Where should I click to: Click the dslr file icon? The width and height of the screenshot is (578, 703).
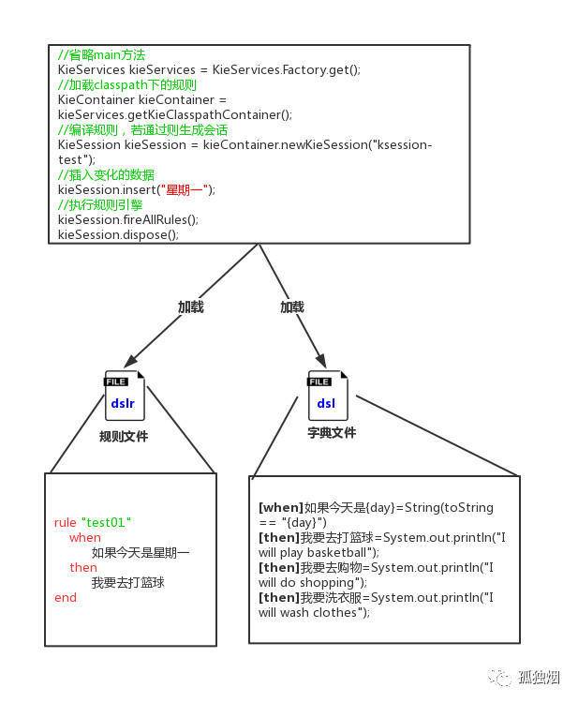pyautogui.click(x=125, y=396)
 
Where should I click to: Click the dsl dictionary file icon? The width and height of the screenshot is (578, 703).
pyautogui.click(x=328, y=396)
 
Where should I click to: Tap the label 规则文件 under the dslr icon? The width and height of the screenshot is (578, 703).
pyautogui.click(x=124, y=436)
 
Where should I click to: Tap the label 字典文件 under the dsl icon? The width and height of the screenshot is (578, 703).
pyautogui.click(x=332, y=433)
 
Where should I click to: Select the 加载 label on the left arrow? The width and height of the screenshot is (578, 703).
pyautogui.click(x=191, y=307)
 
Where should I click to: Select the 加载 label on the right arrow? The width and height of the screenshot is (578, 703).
pyautogui.click(x=292, y=307)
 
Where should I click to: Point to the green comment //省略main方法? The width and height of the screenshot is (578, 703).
pyautogui.click(x=102, y=54)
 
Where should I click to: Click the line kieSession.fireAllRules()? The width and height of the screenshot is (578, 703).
pyautogui.click(x=128, y=219)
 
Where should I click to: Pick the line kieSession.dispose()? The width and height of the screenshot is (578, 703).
pyautogui.click(x=118, y=234)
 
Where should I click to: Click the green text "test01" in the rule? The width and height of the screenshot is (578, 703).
pyautogui.click(x=106, y=522)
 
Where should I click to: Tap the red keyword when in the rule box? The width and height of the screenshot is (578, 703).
pyautogui.click(x=85, y=538)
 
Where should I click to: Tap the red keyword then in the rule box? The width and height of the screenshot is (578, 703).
pyautogui.click(x=83, y=568)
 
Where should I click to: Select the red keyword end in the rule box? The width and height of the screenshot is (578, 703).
pyautogui.click(x=66, y=598)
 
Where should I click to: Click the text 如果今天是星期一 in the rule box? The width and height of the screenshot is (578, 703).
pyautogui.click(x=141, y=552)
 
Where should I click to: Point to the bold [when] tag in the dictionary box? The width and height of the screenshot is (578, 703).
pyautogui.click(x=281, y=507)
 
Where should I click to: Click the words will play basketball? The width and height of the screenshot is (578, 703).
pyautogui.click(x=312, y=553)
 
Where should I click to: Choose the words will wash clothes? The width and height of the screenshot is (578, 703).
pyautogui.click(x=308, y=612)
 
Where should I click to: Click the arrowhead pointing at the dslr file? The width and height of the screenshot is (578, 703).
pyautogui.click(x=130, y=361)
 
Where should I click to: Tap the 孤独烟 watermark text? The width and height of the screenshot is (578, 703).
pyautogui.click(x=540, y=677)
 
